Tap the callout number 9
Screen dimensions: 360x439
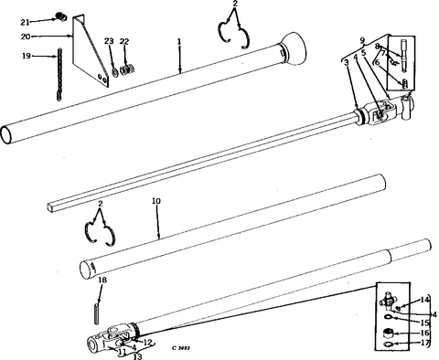pyautogui.click(x=361, y=40)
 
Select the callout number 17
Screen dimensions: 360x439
pyautogui.click(x=424, y=344)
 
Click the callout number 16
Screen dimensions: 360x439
pyautogui.click(x=424, y=333)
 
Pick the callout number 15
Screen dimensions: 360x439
pyautogui.click(x=424, y=322)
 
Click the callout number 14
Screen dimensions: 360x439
pyautogui.click(x=424, y=300)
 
